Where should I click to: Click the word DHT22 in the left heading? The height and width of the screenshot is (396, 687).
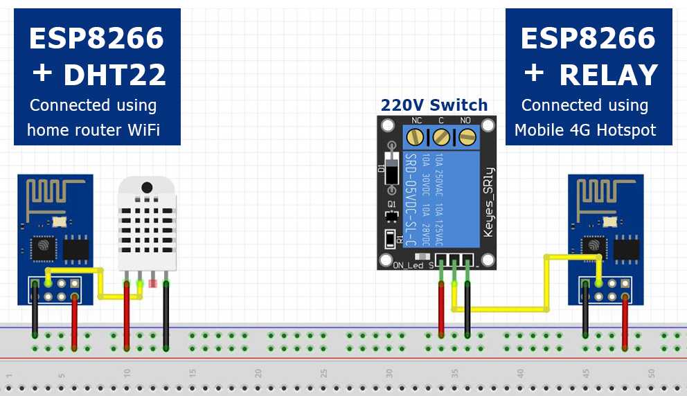tap(115, 75)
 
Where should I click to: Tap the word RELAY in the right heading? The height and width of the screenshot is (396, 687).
tap(608, 75)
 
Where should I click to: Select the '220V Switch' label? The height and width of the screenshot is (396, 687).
tap(434, 106)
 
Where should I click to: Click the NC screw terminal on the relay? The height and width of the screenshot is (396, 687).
tap(417, 136)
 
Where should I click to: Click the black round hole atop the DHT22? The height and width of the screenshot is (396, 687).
tap(146, 188)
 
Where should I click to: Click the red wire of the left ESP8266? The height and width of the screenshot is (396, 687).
tap(74, 315)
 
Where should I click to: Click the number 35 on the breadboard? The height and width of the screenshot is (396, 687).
tap(454, 373)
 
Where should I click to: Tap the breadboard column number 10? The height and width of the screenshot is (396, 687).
tap(126, 373)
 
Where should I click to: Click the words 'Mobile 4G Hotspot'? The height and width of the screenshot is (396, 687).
tap(585, 129)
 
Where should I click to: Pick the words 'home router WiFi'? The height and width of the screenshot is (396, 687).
tap(93, 129)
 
